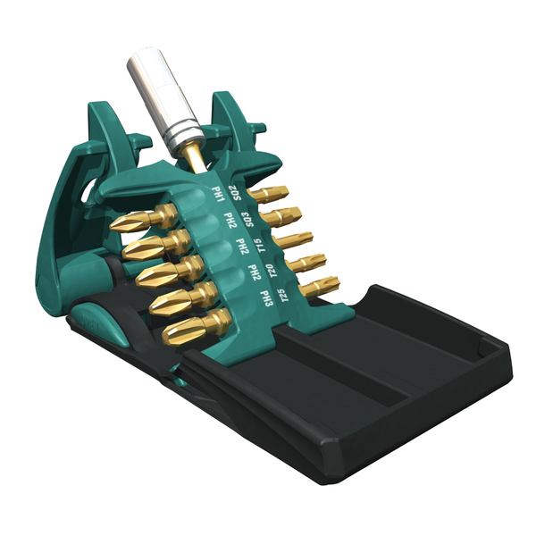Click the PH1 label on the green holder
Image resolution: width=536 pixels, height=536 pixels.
tap(218, 195)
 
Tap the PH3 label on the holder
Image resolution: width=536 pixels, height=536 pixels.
tap(266, 298)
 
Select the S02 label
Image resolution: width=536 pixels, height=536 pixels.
tap(235, 193)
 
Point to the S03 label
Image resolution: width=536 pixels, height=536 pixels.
tap(247, 220)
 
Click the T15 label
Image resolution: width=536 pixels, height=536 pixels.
tap(260, 245)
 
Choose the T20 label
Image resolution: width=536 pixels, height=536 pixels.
tap(273, 271)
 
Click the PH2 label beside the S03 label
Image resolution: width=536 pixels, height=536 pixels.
tap(230, 221)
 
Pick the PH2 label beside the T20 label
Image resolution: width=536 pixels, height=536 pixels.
tap(255, 272)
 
